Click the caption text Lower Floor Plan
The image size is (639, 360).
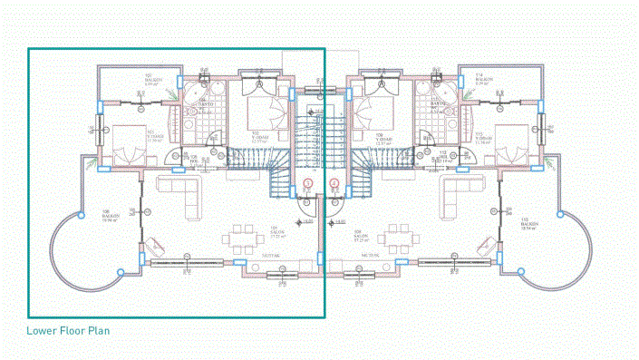coord(68,331)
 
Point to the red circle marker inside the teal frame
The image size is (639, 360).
coord(307,183)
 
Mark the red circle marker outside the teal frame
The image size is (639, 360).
coord(334,183)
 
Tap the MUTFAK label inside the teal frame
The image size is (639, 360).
coord(271,257)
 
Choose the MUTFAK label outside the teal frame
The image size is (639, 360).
coord(369,257)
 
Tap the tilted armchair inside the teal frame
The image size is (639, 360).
coord(156,245)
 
